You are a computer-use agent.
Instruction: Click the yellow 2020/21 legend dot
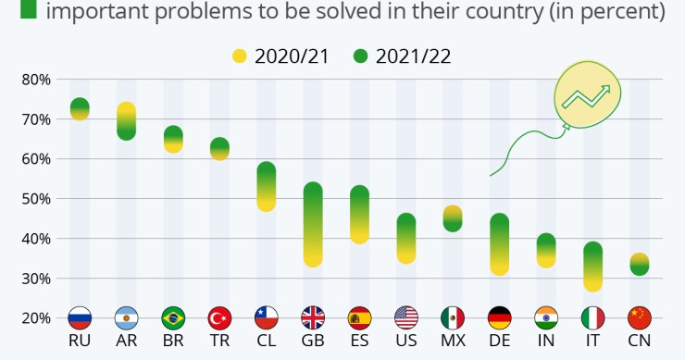(241, 56)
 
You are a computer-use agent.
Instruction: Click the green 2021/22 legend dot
(361, 56)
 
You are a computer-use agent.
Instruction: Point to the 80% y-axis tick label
(35, 80)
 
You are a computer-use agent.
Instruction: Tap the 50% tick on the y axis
(35, 199)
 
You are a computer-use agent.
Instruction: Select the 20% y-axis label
(35, 318)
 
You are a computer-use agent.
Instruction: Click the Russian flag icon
(80, 318)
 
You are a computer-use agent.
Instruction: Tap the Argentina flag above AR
(126, 318)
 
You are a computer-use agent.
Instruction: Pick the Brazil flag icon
(173, 318)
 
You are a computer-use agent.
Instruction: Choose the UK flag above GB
(313, 318)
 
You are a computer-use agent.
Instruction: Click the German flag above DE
(499, 318)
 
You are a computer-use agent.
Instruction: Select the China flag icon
(639, 318)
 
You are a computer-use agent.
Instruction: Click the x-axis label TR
(219, 341)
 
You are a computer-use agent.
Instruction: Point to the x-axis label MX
(453, 341)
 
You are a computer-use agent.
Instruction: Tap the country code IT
(592, 341)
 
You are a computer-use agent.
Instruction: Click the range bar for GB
(313, 225)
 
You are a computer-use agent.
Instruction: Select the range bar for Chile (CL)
(266, 187)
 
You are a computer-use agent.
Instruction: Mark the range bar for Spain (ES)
(359, 215)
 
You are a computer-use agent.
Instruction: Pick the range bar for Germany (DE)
(499, 244)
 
